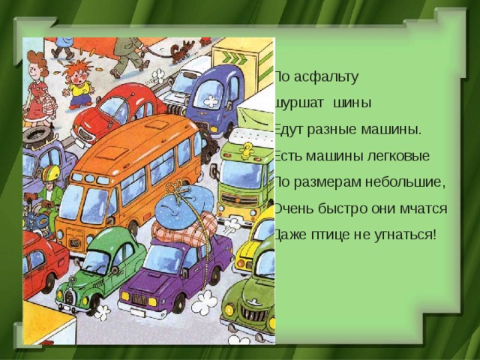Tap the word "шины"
click(x=349, y=102)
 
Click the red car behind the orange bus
click(x=120, y=109)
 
